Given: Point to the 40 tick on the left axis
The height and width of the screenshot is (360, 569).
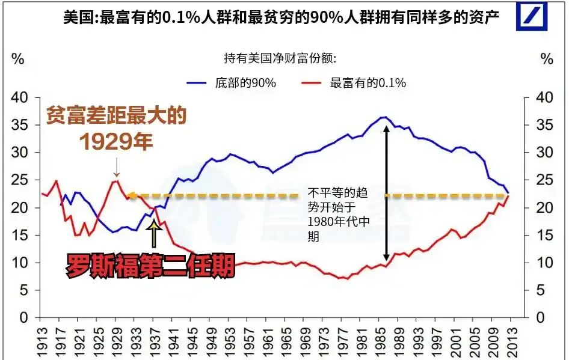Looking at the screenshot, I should [20, 97].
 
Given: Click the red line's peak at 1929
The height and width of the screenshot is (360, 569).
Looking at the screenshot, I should [116, 180].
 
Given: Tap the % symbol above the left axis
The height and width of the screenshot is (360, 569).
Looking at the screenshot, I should [18, 59].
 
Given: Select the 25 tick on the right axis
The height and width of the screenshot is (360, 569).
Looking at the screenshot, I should [542, 180].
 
